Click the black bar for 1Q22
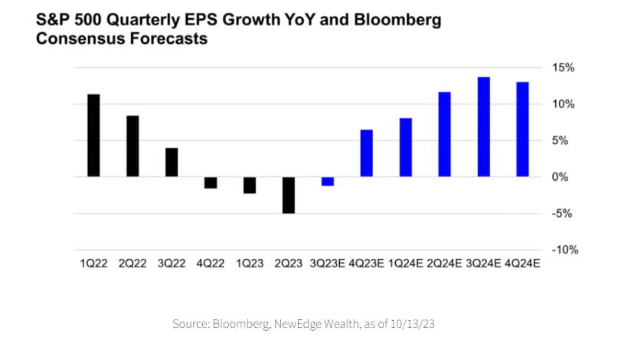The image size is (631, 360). pos(93,136)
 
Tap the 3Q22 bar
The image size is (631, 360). pos(172,162)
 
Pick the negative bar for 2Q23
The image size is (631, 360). pos(289,195)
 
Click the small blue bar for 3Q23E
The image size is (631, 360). pos(328,182)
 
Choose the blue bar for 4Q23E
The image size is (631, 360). pos(367,153)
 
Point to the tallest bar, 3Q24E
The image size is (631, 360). pos(484,126)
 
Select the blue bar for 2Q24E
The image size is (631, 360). pos(445,134)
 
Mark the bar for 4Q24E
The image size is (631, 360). pos(523,129)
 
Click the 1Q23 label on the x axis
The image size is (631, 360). pos(250,263)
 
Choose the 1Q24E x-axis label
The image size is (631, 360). pos(405,263)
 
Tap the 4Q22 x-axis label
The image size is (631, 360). pos(211,263)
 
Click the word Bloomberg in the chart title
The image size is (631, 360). pos(397,19)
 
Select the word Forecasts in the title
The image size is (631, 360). pos(163,38)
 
